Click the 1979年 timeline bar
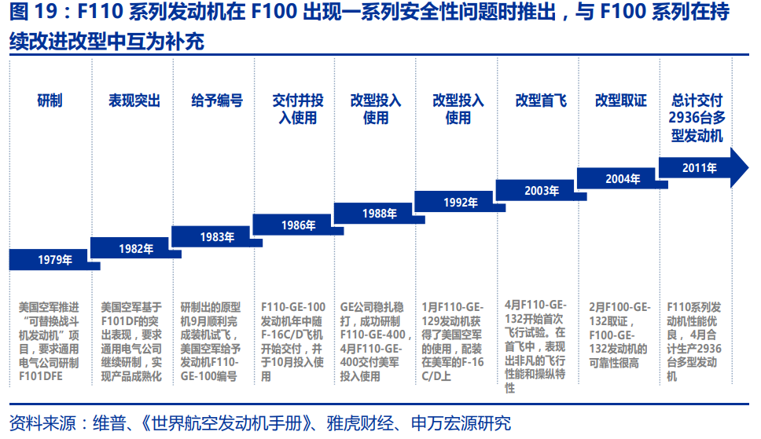point(54,260)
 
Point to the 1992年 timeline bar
point(460,202)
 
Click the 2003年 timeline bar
point(542,190)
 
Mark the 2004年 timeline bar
point(623,178)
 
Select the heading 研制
point(50,101)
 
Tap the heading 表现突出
point(134,101)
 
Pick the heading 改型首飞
point(541,101)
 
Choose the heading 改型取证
point(621,101)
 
